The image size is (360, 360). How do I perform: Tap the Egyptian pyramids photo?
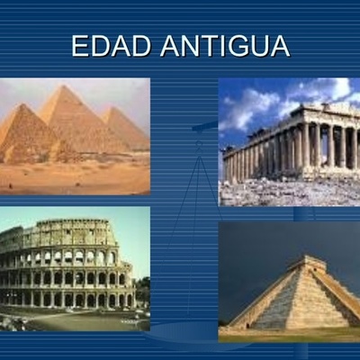(75, 135)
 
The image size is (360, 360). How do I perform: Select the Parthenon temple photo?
(289, 141)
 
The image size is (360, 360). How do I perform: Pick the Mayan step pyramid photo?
(289, 282)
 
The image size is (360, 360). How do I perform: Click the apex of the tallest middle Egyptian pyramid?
(66, 86)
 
